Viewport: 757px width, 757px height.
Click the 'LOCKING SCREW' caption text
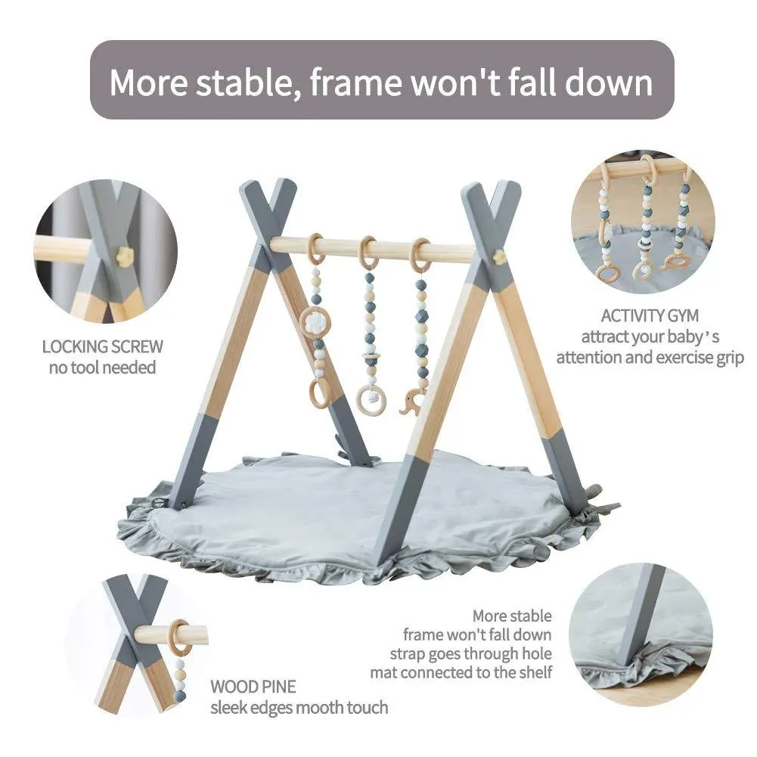pyautogui.click(x=102, y=347)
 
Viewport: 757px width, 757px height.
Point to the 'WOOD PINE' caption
pyautogui.click(x=253, y=687)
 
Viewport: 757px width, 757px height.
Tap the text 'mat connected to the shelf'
pyautogui.click(x=461, y=672)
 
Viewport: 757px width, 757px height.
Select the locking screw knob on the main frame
pyautogui.click(x=499, y=256)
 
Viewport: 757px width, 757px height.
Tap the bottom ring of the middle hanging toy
pyautogui.click(x=371, y=399)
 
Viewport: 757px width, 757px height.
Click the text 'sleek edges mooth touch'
pyautogui.click(x=299, y=708)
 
